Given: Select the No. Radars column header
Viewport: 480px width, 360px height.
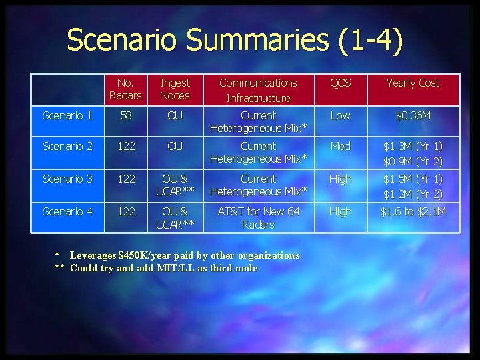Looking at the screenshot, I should pos(125,89).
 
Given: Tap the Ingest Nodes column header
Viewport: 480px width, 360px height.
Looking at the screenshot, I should pos(175,89).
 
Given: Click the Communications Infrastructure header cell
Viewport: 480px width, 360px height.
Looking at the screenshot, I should pos(258,90).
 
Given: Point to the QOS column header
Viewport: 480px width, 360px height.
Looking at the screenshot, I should pos(340,83).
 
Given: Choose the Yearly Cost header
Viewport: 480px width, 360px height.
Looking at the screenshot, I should pos(413,83).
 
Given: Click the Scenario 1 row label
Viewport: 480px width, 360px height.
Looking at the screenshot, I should pos(67,115).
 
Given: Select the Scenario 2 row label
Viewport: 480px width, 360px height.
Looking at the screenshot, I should pos(67,146).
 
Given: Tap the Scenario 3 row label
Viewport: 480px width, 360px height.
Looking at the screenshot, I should pos(67,179).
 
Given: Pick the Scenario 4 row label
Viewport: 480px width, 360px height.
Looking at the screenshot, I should pos(67,211).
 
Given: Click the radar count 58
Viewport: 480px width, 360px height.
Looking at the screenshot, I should pos(125,115).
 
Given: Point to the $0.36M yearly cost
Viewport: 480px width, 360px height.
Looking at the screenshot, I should pos(413,115).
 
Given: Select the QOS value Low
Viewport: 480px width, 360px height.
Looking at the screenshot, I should pos(340,115).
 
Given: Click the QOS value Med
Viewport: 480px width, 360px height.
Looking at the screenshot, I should pos(340,146).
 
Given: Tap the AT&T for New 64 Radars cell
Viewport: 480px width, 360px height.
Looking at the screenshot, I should pos(258,218).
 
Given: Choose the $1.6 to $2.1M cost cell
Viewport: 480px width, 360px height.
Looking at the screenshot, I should pos(413,211).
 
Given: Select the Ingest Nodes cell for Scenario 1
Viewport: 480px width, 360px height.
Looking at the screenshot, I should pos(175,115).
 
